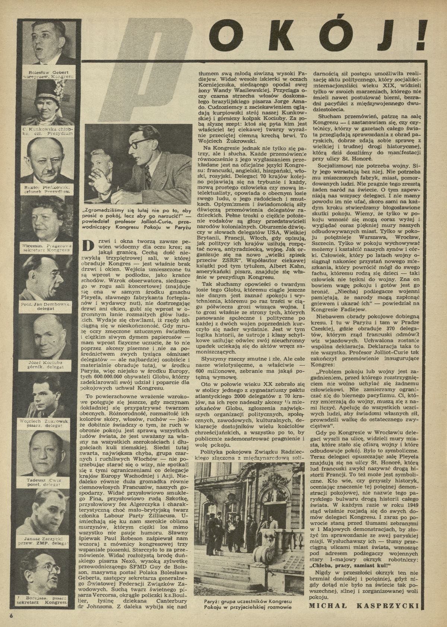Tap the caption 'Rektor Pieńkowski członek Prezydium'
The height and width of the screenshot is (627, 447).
[x=48, y=189]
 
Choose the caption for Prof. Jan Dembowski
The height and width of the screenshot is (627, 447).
[x=48, y=306]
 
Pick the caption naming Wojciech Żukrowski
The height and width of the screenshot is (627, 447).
[x=48, y=423]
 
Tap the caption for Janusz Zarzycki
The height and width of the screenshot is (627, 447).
[x=48, y=540]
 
